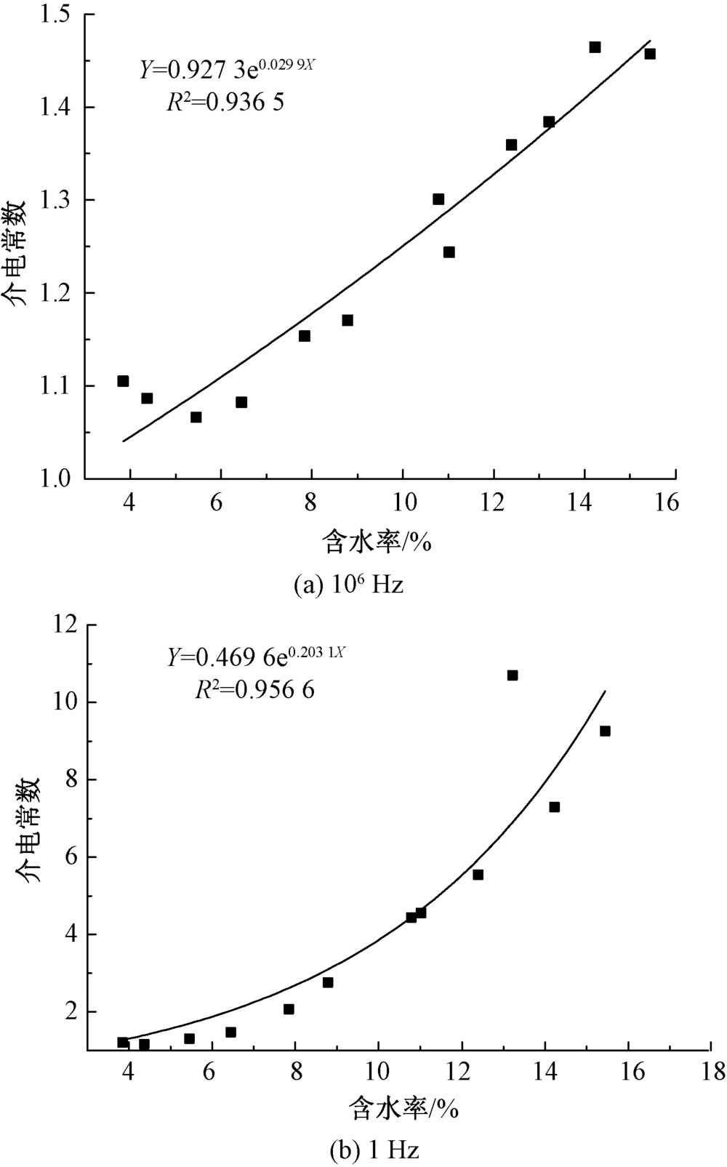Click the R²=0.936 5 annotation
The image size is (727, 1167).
225,103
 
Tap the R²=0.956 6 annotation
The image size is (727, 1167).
254,689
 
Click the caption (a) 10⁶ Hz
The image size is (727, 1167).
348,585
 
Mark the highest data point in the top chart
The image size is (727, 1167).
595,47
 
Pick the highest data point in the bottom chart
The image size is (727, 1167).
513,675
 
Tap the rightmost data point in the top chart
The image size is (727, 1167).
650,54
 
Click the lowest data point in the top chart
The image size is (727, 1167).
196,417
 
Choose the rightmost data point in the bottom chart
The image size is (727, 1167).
605,731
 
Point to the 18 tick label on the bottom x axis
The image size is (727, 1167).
710,1072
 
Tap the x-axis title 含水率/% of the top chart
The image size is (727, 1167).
378,542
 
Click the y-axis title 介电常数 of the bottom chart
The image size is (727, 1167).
31,830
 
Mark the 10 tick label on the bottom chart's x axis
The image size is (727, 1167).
378,1072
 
